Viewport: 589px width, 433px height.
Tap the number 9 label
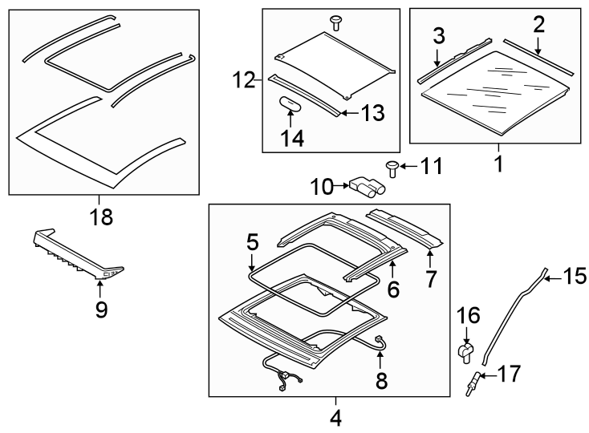point(101,309)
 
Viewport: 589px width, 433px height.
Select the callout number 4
point(335,417)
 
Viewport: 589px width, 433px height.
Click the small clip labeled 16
point(465,350)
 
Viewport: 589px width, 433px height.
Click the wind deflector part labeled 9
point(76,250)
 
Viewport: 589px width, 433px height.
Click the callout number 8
point(381,380)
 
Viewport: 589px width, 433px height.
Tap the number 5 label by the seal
point(252,241)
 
